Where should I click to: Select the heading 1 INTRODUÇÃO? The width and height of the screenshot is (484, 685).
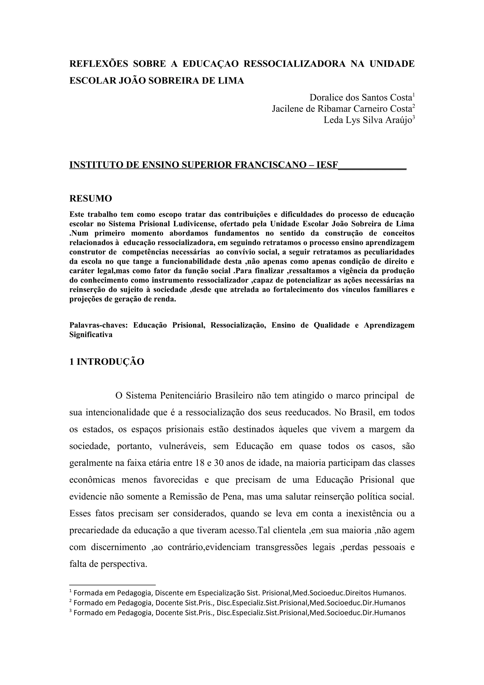(x=107, y=362)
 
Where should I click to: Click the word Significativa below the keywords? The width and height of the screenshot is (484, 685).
(x=91, y=334)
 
